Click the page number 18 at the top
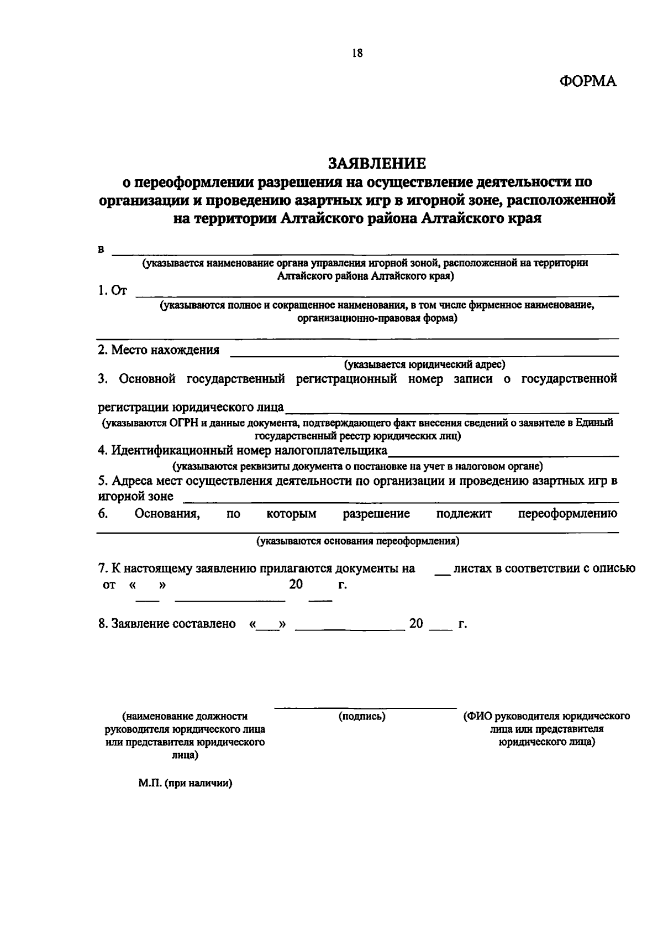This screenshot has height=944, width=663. (x=356, y=53)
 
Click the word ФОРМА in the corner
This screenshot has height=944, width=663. (x=587, y=81)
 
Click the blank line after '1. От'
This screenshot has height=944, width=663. (x=377, y=295)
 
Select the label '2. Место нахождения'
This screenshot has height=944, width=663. (x=159, y=350)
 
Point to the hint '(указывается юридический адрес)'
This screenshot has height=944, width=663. (x=425, y=364)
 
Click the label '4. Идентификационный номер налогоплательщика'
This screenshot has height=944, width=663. (x=243, y=450)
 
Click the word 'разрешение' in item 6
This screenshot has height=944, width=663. (x=376, y=514)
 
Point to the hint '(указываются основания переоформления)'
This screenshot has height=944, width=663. (x=358, y=541)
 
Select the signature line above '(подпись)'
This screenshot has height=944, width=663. (x=365, y=708)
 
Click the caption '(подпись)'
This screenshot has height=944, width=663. (x=362, y=717)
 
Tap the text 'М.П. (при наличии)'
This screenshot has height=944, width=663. (x=185, y=784)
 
